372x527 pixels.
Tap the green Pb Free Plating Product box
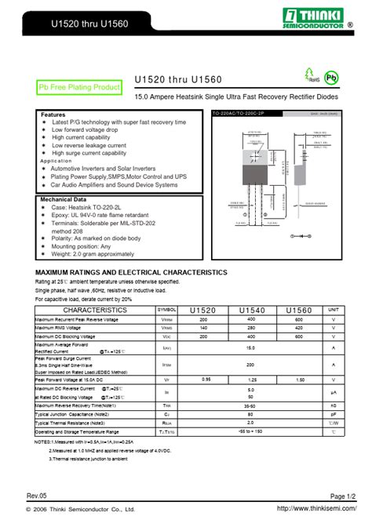tap(80, 87)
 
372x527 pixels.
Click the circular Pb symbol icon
tap(332, 77)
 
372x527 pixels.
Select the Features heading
tap(53, 114)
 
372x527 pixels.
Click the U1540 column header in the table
tap(251, 310)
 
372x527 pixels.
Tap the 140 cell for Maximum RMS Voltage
tap(204, 328)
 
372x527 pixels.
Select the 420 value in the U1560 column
tap(299, 328)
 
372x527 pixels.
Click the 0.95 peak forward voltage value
tap(206, 380)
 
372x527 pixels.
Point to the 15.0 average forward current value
tap(251, 347)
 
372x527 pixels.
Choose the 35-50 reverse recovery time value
tap(251, 405)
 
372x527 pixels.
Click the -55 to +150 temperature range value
tap(251, 431)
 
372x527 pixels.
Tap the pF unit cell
tap(334, 414)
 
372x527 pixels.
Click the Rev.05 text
tap(37, 496)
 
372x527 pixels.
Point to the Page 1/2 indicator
tap(343, 496)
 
